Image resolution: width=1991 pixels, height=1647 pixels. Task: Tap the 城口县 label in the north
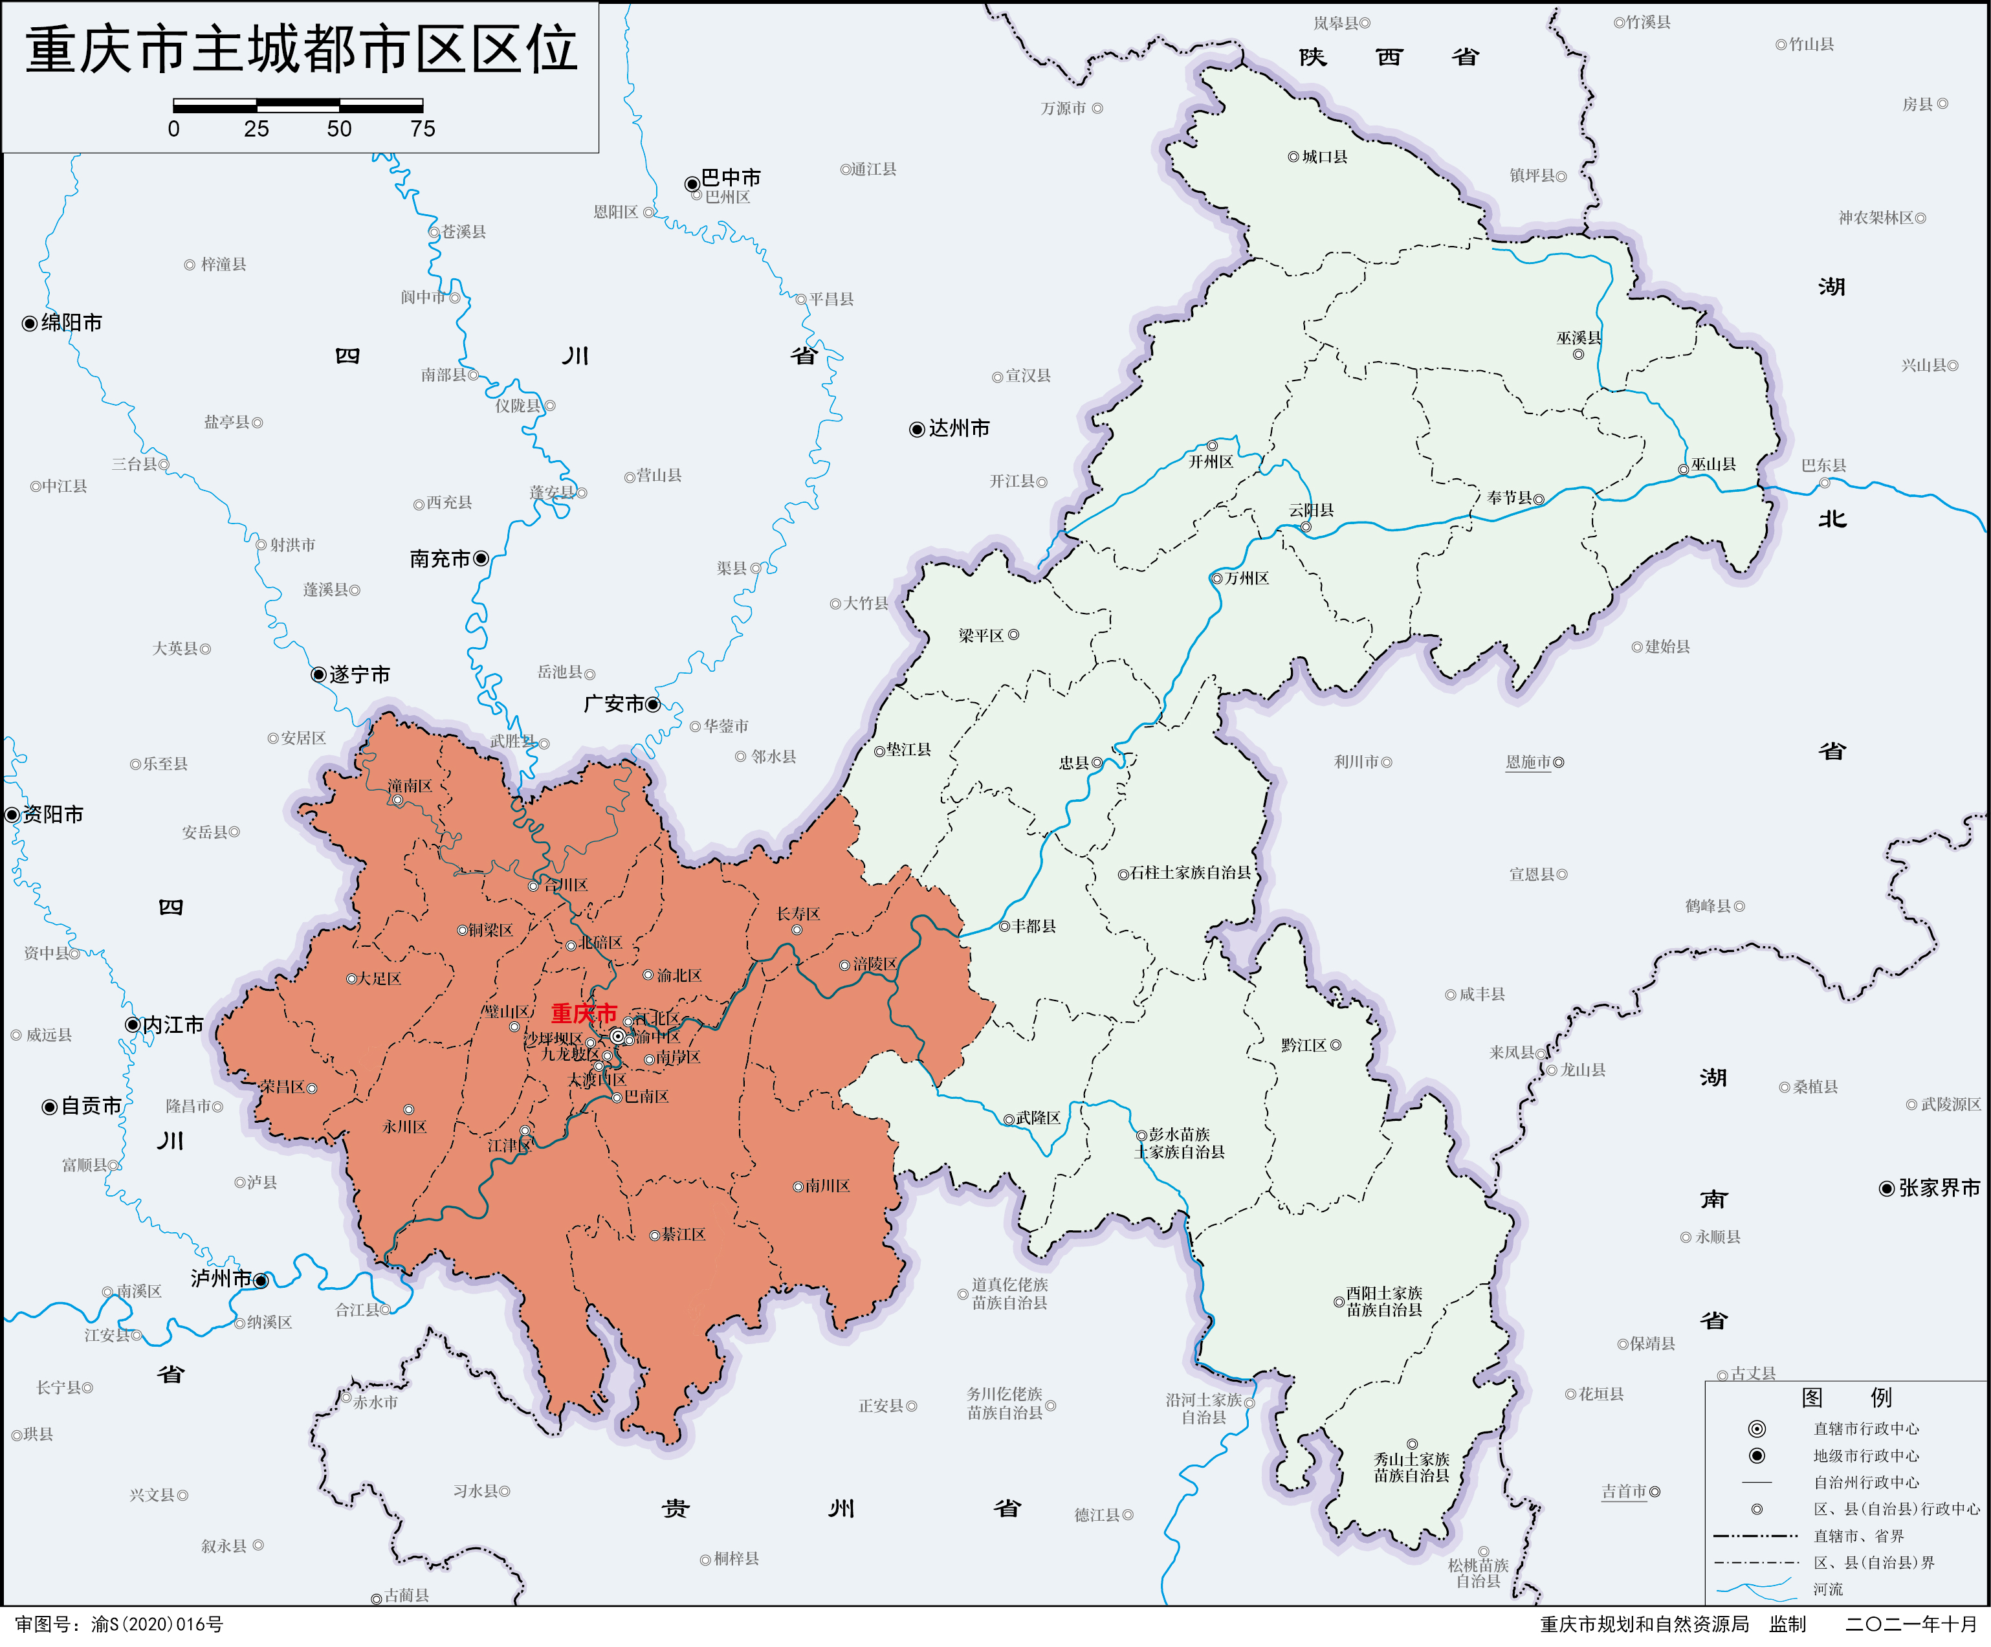[x=1325, y=157]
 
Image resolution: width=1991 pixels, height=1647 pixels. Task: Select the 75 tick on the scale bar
[x=423, y=129]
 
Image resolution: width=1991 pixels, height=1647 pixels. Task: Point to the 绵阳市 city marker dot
[x=29, y=324]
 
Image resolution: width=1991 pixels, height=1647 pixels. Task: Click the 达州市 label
[x=958, y=428]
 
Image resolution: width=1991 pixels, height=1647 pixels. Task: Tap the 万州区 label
[x=1247, y=577]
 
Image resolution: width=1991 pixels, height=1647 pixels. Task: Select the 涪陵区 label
[x=874, y=964]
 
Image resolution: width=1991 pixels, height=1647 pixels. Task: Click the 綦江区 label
[x=683, y=1235]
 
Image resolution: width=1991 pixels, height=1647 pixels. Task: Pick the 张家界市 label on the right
[x=1939, y=1188]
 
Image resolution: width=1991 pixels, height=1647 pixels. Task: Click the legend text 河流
[x=1828, y=1589]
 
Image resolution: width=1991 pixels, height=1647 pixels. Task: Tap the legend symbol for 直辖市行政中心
[x=1757, y=1429]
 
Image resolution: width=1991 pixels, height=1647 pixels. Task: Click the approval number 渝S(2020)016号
[x=157, y=1624]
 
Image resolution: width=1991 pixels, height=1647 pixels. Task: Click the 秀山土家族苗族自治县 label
[x=1412, y=1467]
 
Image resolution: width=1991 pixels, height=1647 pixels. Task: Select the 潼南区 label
[x=410, y=786]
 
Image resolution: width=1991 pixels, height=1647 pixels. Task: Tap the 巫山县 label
[x=1713, y=465]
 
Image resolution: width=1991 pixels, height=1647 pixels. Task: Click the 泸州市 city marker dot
[x=261, y=1281]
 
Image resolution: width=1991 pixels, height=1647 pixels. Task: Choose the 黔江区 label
[x=1304, y=1045]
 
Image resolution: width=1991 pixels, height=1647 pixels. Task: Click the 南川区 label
[x=828, y=1186]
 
